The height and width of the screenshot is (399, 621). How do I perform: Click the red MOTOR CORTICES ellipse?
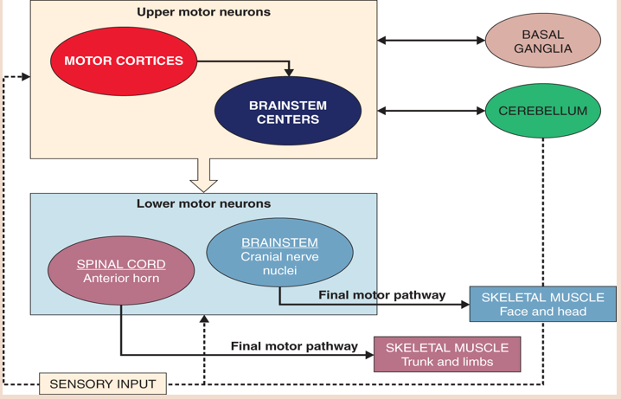point(124,61)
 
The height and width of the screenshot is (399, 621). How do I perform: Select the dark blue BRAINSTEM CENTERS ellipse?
point(287,112)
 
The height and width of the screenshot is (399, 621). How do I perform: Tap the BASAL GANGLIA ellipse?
point(542,41)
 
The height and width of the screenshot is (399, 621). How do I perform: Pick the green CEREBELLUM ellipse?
point(542,111)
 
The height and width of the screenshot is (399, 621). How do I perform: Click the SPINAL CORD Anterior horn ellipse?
point(121,271)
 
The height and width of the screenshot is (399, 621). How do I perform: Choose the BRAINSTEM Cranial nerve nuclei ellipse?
point(279,252)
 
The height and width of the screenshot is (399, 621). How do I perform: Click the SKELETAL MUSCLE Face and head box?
point(542,304)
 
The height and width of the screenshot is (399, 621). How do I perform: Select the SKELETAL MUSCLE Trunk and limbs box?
point(446,354)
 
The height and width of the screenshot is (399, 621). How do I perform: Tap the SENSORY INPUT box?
point(103,383)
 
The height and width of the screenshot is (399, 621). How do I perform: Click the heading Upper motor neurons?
point(203,12)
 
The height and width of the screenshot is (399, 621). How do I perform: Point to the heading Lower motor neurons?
point(203,204)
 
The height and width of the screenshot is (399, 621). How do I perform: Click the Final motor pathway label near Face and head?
point(381,295)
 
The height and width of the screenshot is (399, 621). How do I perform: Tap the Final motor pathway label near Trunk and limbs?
point(294,346)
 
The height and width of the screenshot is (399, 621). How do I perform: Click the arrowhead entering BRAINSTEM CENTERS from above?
point(289,72)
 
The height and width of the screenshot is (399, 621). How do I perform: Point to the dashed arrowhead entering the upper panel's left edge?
point(25,77)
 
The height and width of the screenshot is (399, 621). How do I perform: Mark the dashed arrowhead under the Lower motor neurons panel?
point(204,319)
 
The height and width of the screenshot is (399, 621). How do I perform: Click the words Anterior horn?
point(121,279)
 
